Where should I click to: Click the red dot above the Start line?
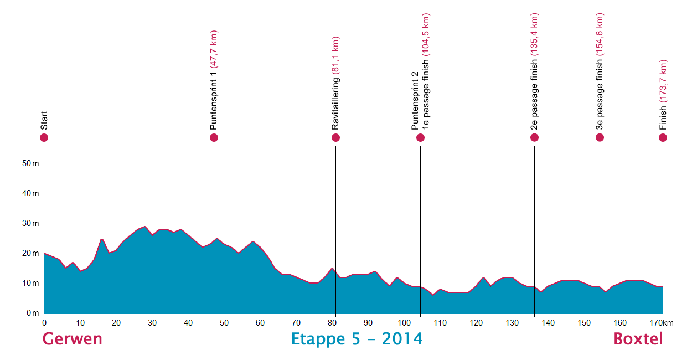pos(44,137)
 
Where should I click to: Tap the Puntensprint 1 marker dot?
pos(214,137)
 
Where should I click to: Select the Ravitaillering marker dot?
pos(335,137)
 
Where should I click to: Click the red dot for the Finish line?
pos(663,137)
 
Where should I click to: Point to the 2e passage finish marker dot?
pos(534,137)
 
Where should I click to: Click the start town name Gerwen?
pos(73,339)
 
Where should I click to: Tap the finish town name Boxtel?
pos(638,339)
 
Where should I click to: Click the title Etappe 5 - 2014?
pos(357,339)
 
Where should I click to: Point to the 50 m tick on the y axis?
pos(32,164)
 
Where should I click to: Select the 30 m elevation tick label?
pos(32,224)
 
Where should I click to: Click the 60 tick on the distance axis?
pos(260,323)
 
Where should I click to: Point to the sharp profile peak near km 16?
pos(102,239)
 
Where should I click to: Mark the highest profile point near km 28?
pos(144,227)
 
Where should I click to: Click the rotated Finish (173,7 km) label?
pos(663,94)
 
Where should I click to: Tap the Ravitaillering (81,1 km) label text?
pos(335,83)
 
